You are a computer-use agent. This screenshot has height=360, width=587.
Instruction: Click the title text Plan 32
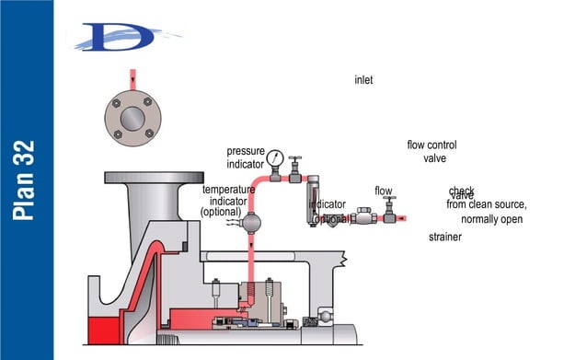point(26,180)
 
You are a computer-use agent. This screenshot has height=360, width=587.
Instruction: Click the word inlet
point(363,80)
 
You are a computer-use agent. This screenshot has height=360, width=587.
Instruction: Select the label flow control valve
point(432,152)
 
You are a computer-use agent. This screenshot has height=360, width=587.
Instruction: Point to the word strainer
point(444,238)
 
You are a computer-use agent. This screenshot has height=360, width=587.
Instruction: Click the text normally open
point(491,220)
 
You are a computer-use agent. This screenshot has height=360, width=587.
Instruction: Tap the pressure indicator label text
point(246,157)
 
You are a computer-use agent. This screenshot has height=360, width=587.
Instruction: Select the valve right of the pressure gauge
point(295,169)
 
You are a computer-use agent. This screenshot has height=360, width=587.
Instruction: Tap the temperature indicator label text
point(228,201)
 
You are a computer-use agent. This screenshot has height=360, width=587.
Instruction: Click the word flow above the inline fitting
point(383,192)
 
